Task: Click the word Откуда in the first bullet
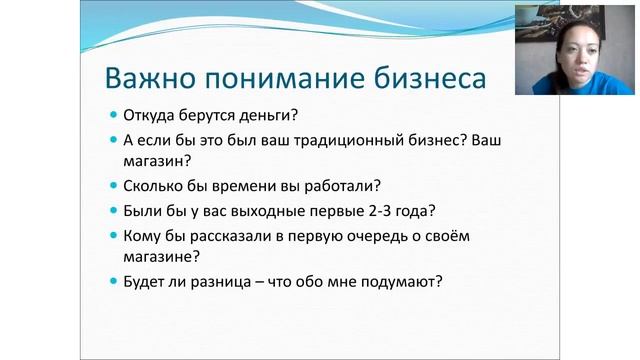coord(155,114)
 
